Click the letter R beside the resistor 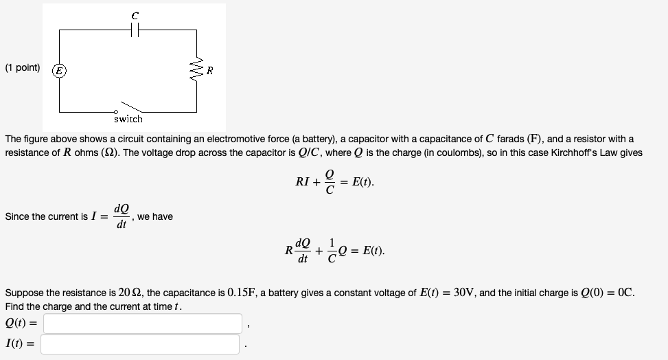pos(209,70)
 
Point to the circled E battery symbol pos(60,69)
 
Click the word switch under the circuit pos(128,119)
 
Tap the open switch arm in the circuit pos(130,106)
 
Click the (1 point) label pos(23,68)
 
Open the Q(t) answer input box pos(143,323)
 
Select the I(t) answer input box pos(140,344)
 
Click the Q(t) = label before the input pos(21,323)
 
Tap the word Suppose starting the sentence pos(23,293)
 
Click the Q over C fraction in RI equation pos(330,183)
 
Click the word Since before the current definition pos(17,217)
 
